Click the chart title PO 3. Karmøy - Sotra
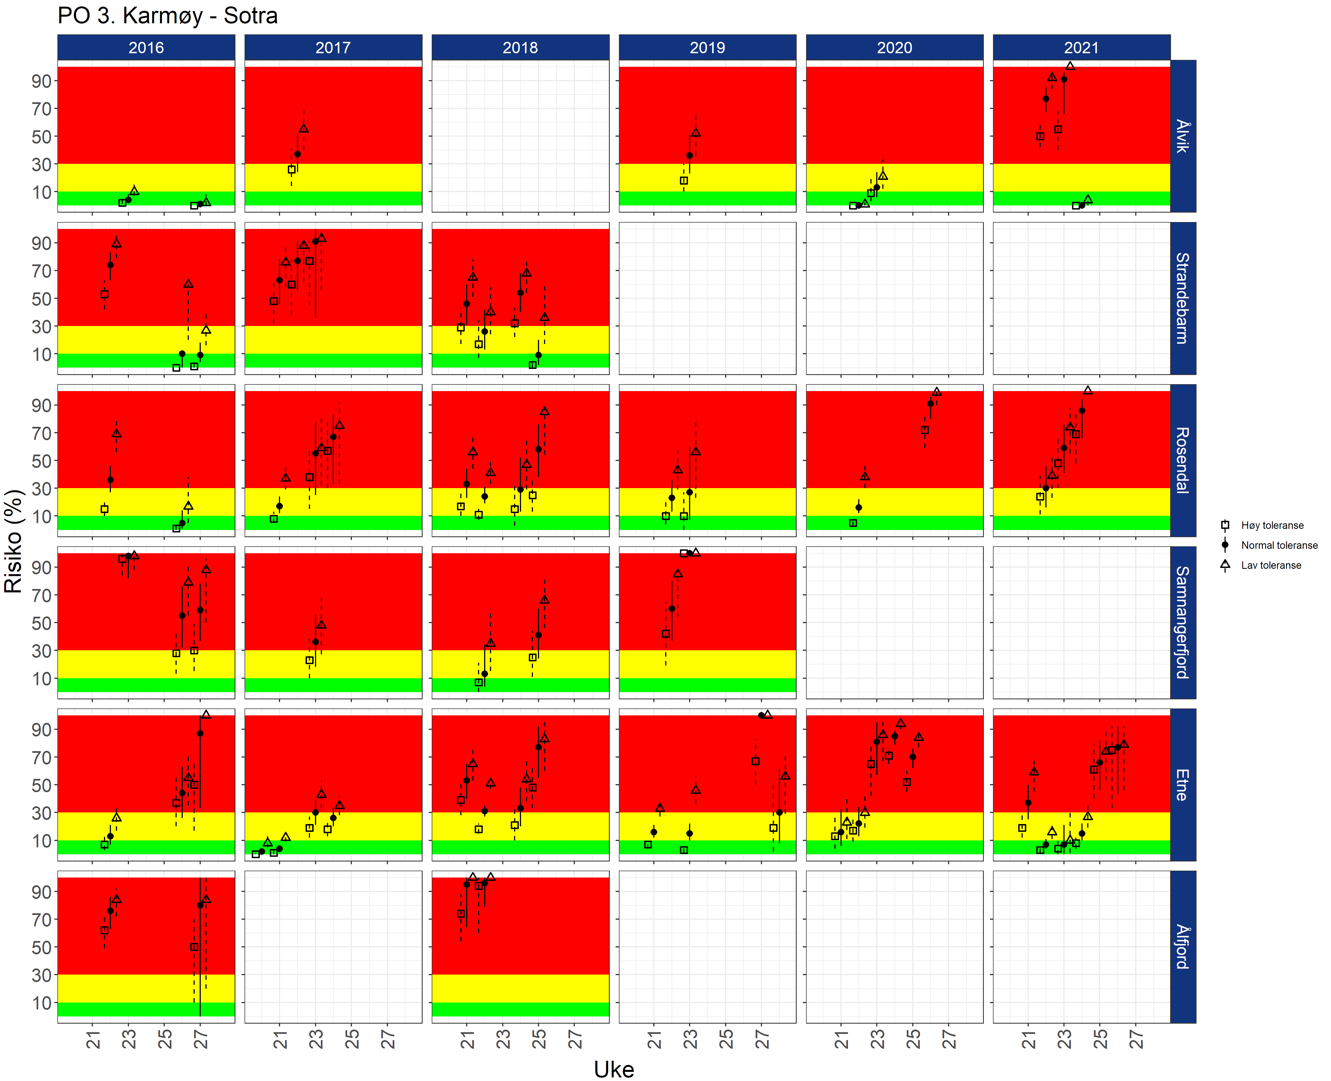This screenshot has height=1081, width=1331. [x=167, y=16]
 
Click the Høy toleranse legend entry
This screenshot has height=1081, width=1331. [x=1272, y=526]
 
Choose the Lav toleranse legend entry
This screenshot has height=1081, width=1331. [x=1271, y=565]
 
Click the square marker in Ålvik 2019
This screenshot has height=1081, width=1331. [x=684, y=180]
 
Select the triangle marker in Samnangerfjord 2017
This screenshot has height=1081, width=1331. [x=321, y=624]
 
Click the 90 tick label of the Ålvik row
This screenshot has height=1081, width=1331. [x=41, y=81]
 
